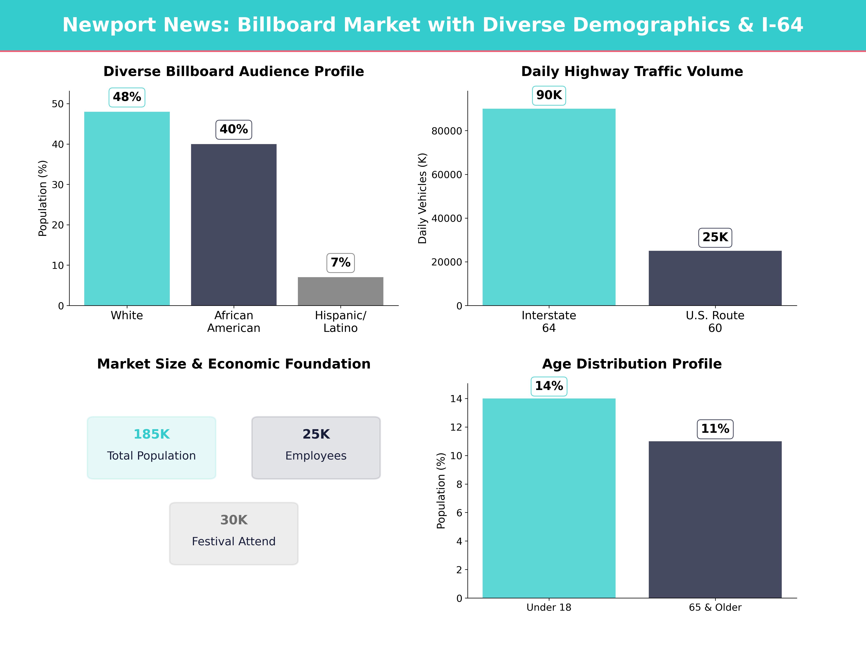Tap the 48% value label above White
[127, 97]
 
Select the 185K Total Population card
[152, 447]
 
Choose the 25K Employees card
[316, 447]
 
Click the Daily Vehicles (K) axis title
[422, 198]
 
